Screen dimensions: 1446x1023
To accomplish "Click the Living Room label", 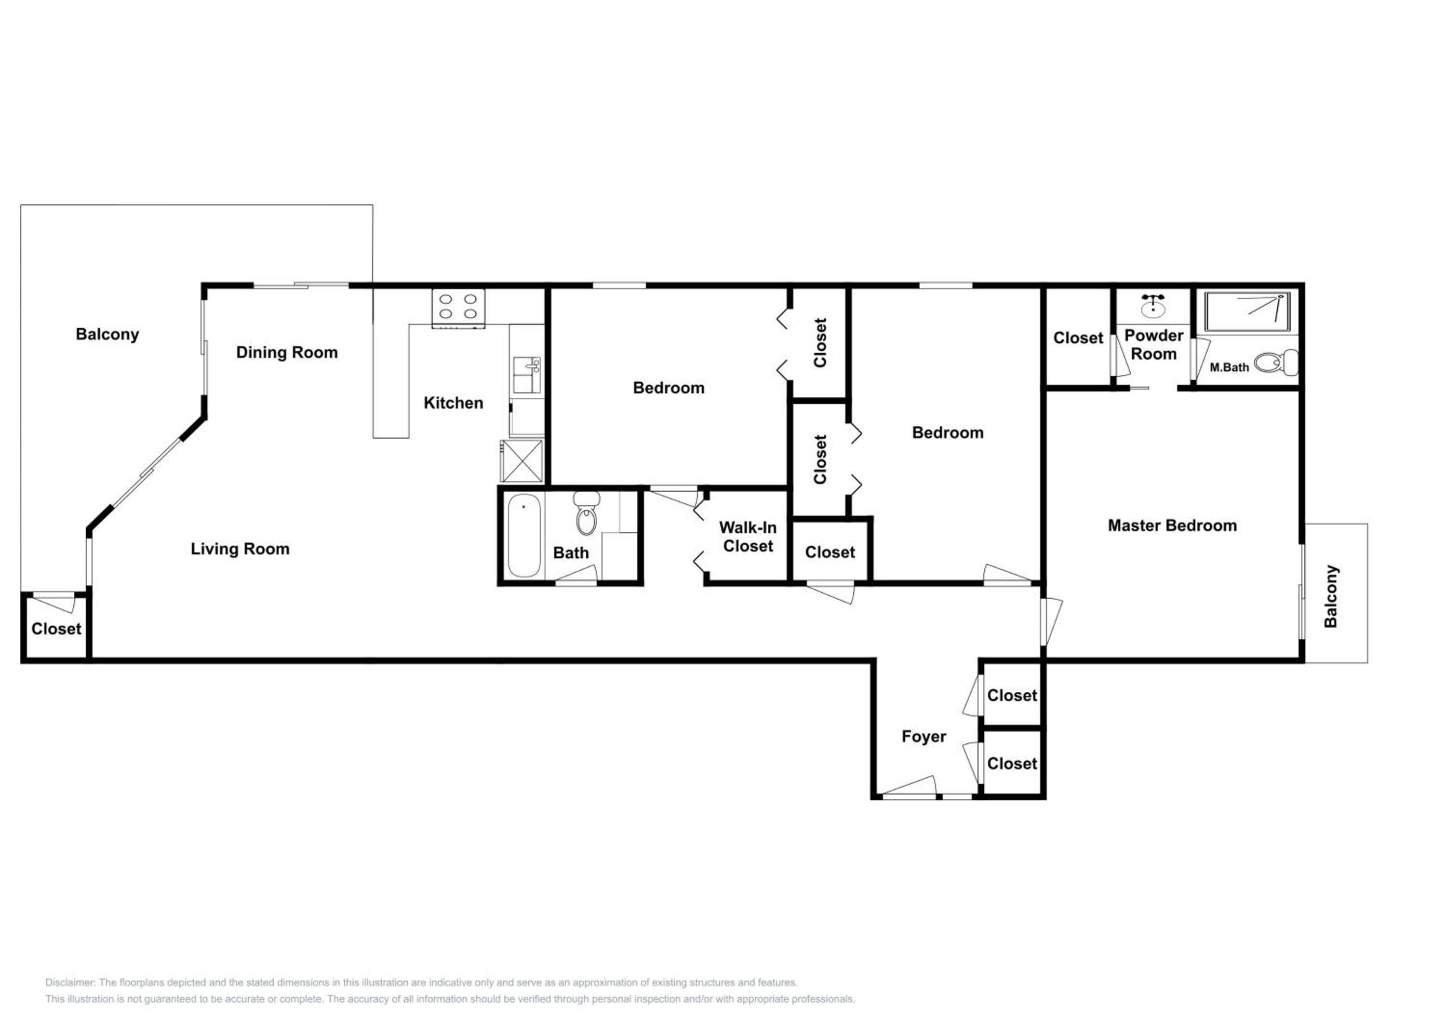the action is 240,549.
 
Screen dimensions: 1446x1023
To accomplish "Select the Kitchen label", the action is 454,403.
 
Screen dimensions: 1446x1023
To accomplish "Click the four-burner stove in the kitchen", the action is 458,308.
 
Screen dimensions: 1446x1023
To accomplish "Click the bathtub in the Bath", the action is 524,536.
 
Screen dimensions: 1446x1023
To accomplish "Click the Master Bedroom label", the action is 1172,525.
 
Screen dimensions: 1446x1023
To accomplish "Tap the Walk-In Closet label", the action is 748,537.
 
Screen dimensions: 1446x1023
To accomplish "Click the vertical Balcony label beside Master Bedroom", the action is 1330,596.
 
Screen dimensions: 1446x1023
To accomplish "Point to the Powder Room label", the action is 1154,345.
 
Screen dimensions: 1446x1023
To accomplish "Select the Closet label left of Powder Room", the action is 1078,338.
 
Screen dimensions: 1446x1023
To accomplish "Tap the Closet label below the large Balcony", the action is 56,629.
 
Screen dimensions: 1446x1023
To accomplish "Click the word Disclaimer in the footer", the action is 70,982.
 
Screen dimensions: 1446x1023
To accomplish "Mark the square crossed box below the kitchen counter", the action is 522,461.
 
